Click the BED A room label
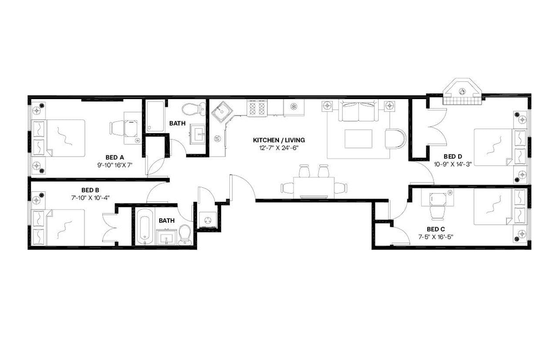click(x=115, y=157)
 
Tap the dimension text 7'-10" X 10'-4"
click(x=91, y=197)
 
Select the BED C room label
click(x=436, y=229)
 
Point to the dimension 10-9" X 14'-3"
click(x=453, y=164)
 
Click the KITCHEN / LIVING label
click(x=279, y=140)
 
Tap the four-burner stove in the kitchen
click(x=257, y=108)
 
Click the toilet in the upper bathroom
click(x=194, y=108)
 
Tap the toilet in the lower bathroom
click(x=185, y=235)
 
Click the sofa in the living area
click(x=358, y=111)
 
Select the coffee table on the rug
click(x=358, y=139)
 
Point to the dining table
click(x=314, y=187)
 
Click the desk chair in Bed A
click(x=117, y=128)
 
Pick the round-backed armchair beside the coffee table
click(x=395, y=138)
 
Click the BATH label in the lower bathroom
click(x=167, y=220)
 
